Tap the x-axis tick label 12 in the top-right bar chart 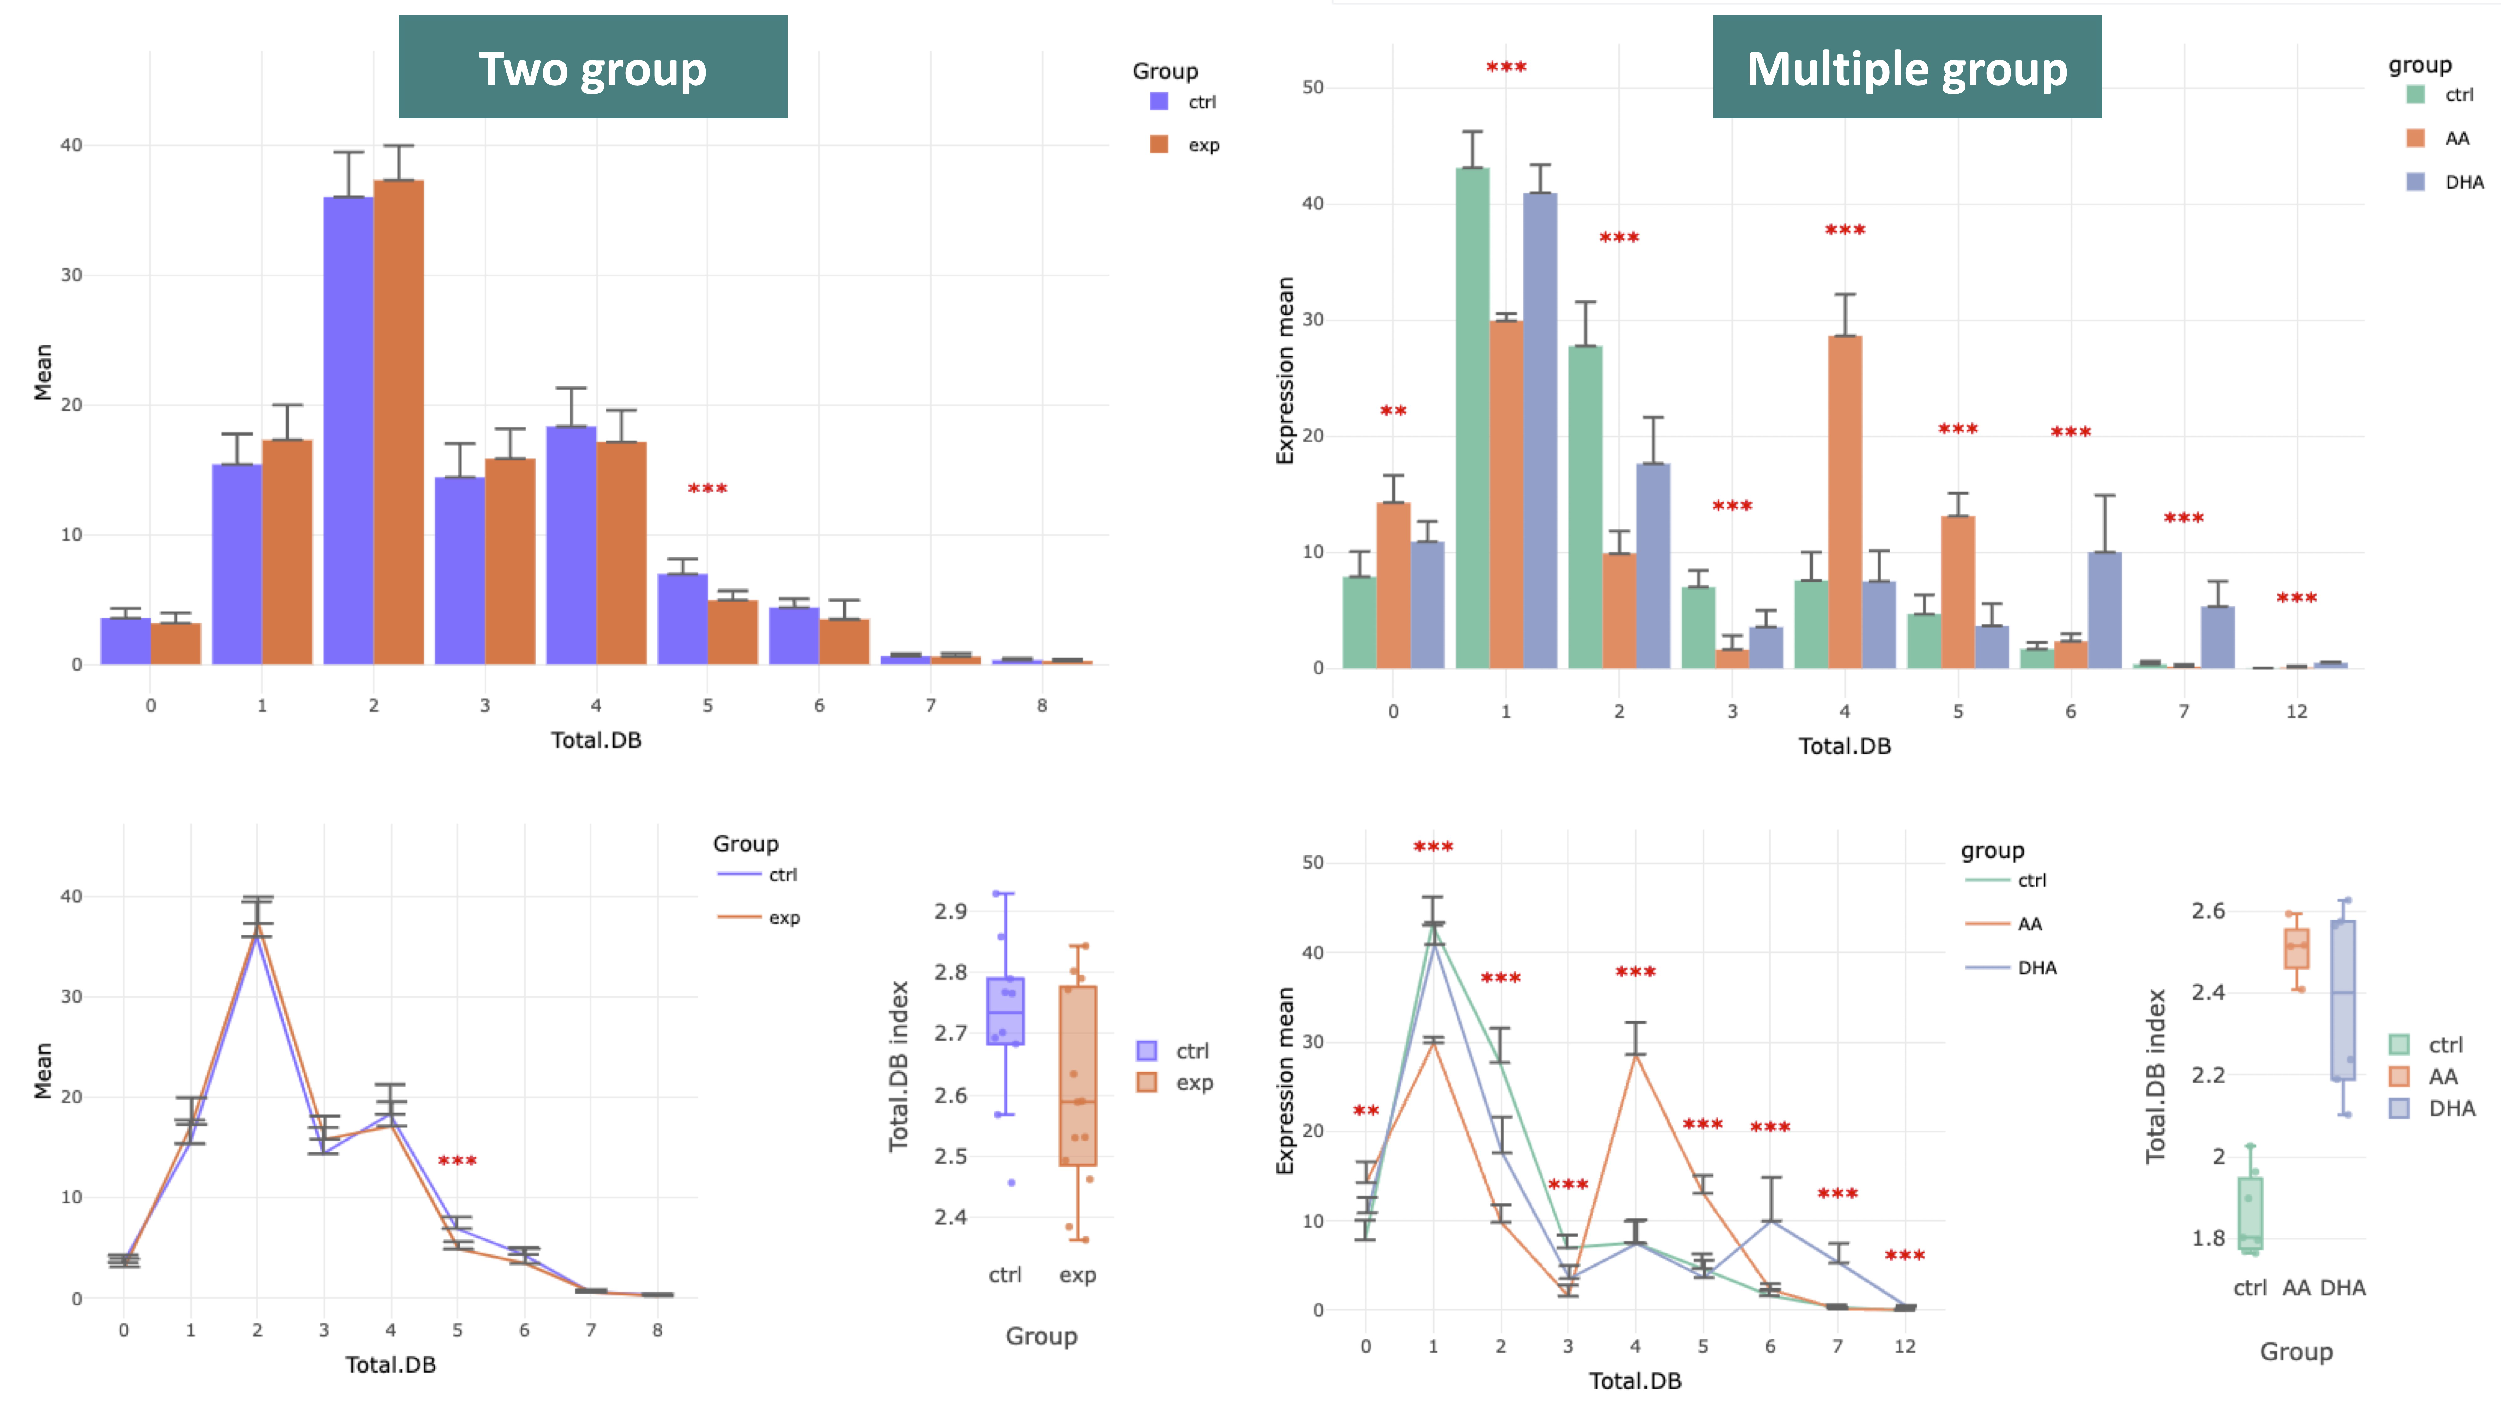point(2296,712)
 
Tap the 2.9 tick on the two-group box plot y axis point(950,911)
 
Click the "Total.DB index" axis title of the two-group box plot point(899,1066)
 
